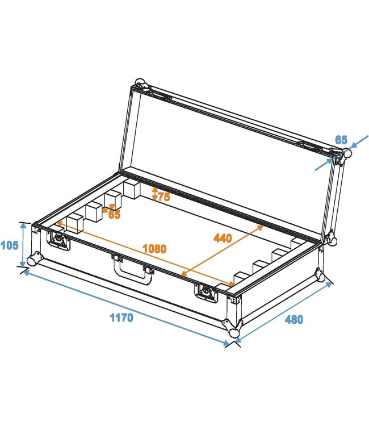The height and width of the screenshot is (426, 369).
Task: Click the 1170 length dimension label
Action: pyautogui.click(x=121, y=318)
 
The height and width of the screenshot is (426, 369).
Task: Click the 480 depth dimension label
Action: pyautogui.click(x=293, y=319)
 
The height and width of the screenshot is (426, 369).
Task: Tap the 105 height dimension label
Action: pyautogui.click(x=10, y=245)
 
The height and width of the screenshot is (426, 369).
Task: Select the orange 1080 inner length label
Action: pyautogui.click(x=154, y=249)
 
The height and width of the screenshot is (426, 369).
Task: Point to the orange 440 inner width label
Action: pyautogui.click(x=223, y=238)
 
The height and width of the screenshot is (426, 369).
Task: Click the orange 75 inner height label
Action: pyautogui.click(x=163, y=197)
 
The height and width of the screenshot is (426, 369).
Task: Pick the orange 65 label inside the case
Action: pyautogui.click(x=114, y=215)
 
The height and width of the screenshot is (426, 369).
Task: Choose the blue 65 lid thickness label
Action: pyautogui.click(x=341, y=140)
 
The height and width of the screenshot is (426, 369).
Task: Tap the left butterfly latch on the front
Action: pyautogui.click(x=59, y=241)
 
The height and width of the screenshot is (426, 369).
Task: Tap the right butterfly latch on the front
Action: pyautogui.click(x=206, y=291)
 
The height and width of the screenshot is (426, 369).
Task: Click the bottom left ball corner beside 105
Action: pyautogui.click(x=34, y=260)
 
